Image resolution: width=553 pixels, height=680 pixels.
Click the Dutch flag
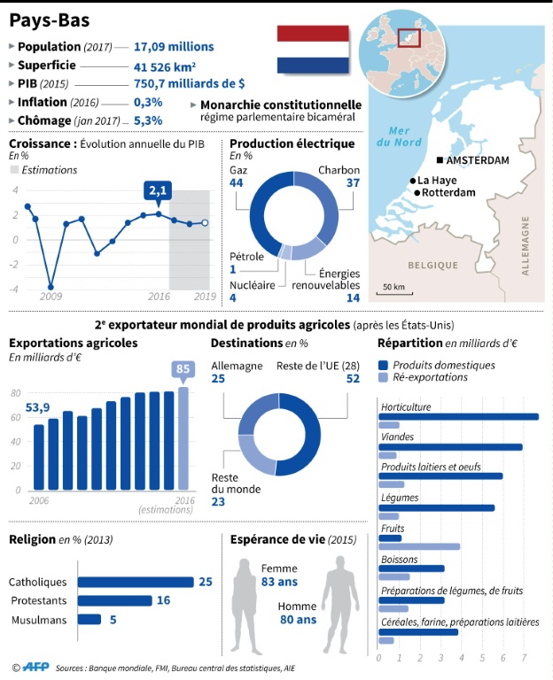313,49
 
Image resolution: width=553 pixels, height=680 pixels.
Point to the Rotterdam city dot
416,192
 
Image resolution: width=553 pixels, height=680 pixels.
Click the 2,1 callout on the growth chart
158,190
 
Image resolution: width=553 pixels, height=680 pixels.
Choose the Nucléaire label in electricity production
251,285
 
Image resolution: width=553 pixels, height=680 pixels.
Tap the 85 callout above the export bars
184,369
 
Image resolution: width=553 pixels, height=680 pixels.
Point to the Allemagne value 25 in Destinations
217,378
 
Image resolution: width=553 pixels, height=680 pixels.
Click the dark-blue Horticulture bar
457,416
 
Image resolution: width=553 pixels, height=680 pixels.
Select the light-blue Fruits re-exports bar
418,546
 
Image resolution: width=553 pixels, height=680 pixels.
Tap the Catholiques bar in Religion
136,582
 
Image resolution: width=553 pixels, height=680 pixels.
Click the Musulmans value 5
113,620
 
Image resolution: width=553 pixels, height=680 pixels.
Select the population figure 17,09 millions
174,46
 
